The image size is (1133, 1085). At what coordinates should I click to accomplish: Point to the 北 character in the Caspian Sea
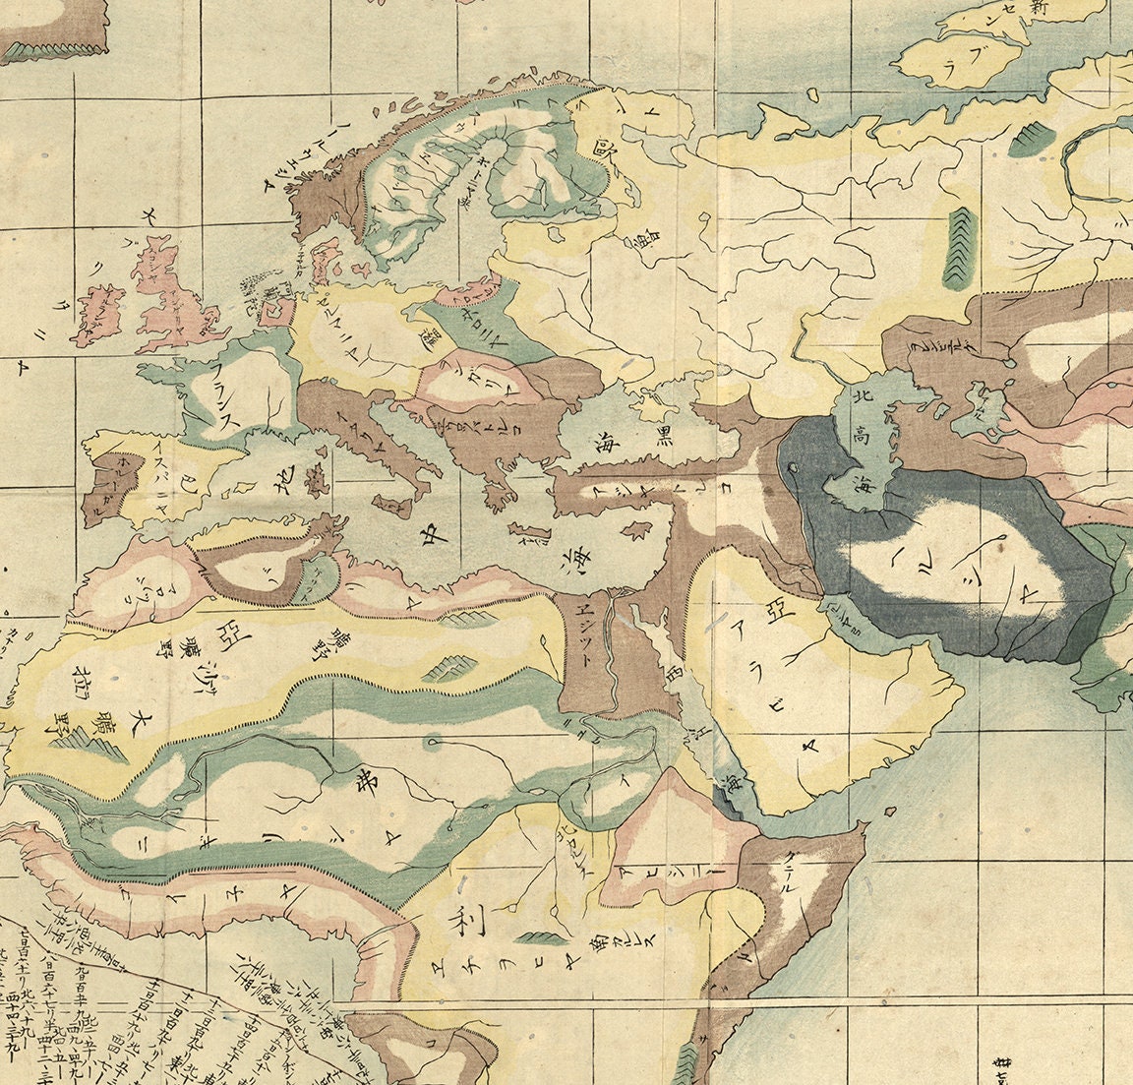861,400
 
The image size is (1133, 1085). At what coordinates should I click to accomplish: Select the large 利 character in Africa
459,923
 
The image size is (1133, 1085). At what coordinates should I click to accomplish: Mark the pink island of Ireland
96,311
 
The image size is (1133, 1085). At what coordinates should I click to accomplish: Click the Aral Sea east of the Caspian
987,405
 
